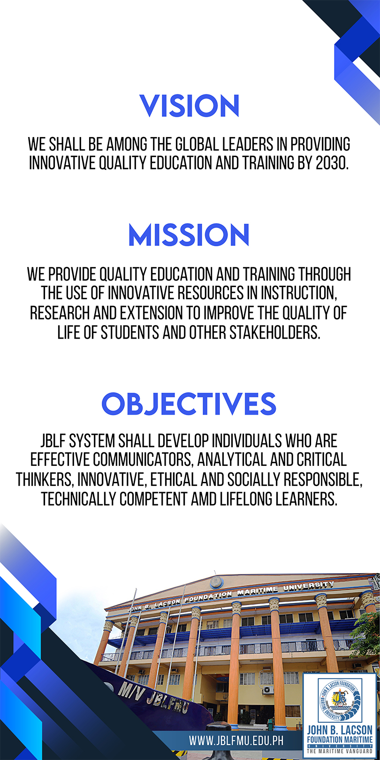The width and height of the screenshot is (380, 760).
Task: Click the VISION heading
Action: [190, 106]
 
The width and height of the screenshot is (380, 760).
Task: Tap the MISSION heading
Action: [189, 235]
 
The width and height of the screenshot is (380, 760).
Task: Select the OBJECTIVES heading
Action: [189, 404]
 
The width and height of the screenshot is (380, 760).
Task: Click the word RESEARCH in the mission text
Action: [60, 313]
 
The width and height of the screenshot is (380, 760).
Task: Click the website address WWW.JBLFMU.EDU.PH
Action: [236, 740]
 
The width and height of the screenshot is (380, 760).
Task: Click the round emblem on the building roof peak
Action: [216, 583]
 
